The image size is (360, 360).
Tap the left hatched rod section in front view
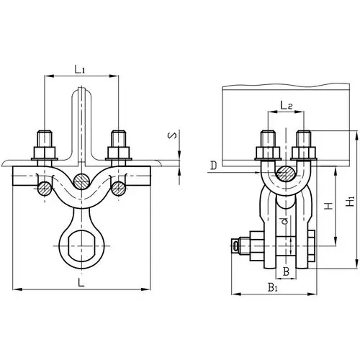coord(45,189)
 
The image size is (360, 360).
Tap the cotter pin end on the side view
coord(237,247)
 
